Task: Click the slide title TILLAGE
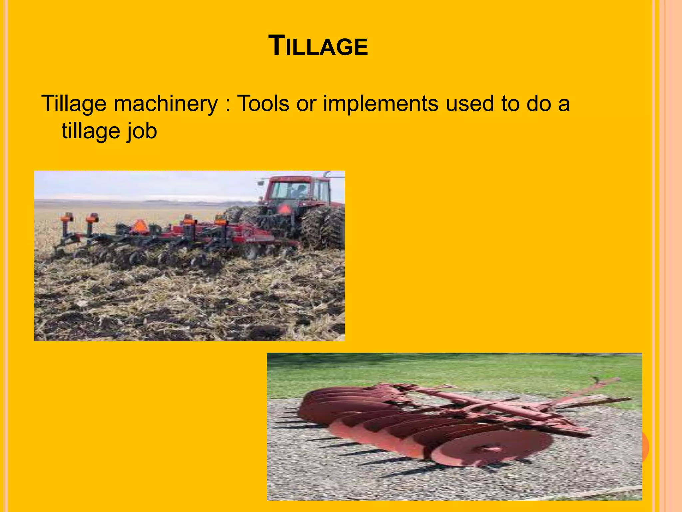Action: (x=318, y=46)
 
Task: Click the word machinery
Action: (x=166, y=104)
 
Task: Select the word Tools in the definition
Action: (x=263, y=103)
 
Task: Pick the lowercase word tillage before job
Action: (x=90, y=131)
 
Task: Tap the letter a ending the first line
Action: (x=564, y=104)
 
